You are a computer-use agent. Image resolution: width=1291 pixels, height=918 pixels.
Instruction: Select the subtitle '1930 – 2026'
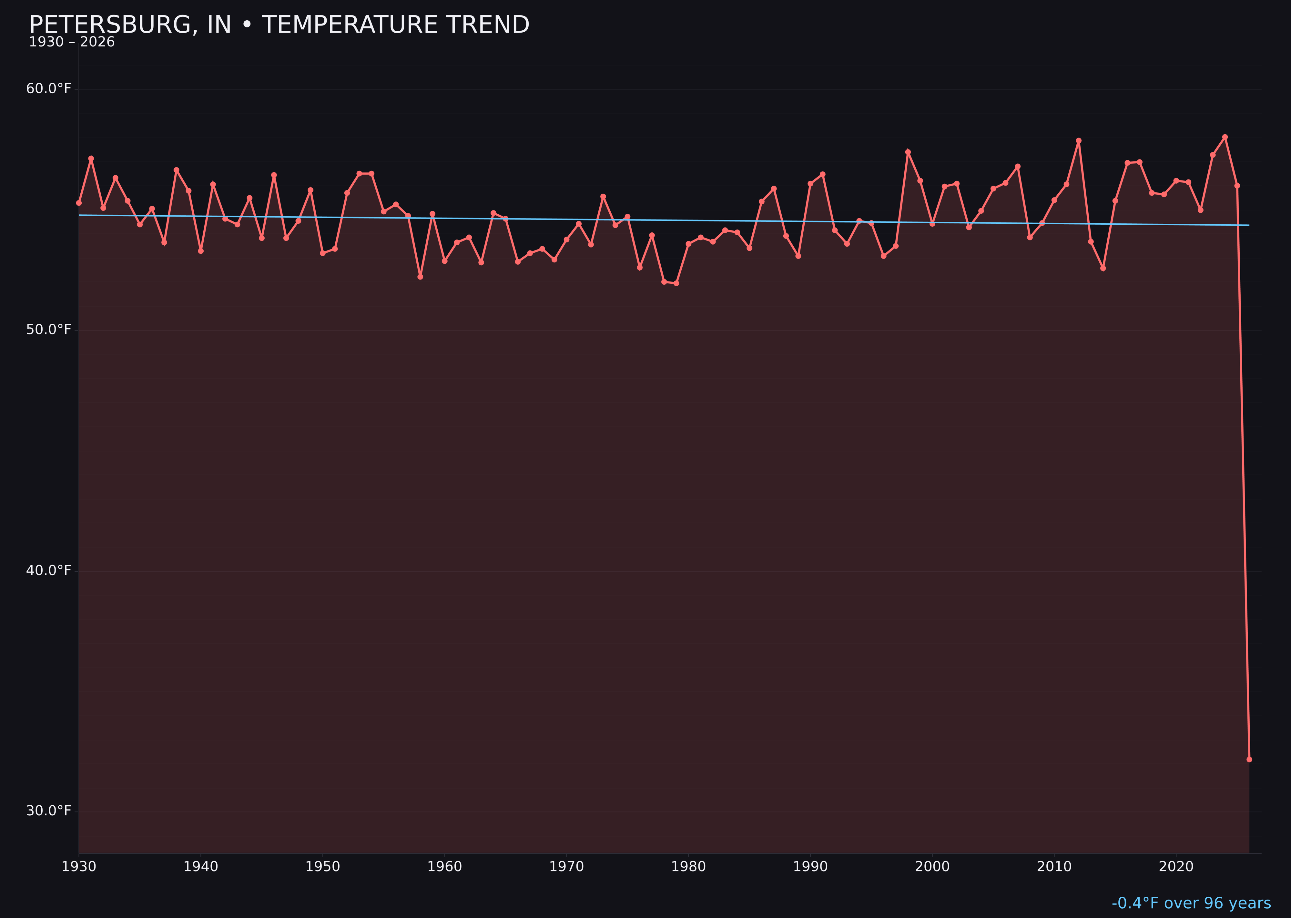point(72,42)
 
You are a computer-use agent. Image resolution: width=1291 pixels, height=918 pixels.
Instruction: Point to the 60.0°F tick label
point(49,89)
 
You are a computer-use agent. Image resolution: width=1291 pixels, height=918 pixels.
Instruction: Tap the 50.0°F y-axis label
point(49,330)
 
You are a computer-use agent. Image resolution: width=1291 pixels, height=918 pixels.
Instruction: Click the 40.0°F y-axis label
point(49,570)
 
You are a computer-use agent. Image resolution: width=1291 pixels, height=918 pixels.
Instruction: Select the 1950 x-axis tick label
point(323,867)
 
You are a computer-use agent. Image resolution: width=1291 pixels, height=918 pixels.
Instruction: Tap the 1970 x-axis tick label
point(566,867)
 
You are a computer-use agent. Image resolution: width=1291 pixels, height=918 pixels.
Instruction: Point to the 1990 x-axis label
point(810,867)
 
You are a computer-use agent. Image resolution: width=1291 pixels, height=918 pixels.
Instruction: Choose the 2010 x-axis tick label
point(1054,867)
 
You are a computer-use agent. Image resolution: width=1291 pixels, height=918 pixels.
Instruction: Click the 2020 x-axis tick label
point(1176,867)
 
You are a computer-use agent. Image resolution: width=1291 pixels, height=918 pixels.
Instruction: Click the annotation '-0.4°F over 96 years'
point(1191,903)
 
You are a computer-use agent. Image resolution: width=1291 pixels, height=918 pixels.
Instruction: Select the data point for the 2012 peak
point(1079,141)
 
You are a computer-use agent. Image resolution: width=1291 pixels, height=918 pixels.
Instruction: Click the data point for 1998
point(908,152)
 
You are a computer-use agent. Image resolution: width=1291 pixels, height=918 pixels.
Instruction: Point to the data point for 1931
point(91,159)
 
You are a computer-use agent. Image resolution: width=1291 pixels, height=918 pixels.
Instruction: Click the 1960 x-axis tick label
point(444,867)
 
